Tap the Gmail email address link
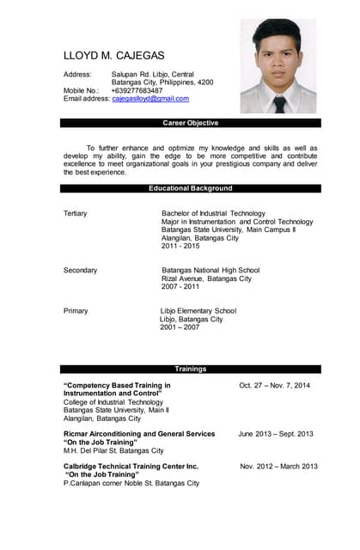coord(150,99)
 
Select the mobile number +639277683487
coord(137,90)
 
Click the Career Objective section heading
coord(190,123)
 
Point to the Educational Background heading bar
coord(190,188)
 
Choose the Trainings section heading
coord(190,369)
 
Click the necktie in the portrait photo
coord(280,104)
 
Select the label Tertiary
coord(76,213)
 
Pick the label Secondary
coord(81,270)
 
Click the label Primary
coord(76,310)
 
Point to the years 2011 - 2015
coord(180,246)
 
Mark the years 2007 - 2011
coord(180,287)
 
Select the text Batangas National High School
coord(211,270)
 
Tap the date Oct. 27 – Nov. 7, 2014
coord(274,385)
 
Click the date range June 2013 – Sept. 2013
coord(276,434)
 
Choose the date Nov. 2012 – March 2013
coord(278,466)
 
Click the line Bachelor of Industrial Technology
coord(213,213)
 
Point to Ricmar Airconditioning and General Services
coord(139,434)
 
